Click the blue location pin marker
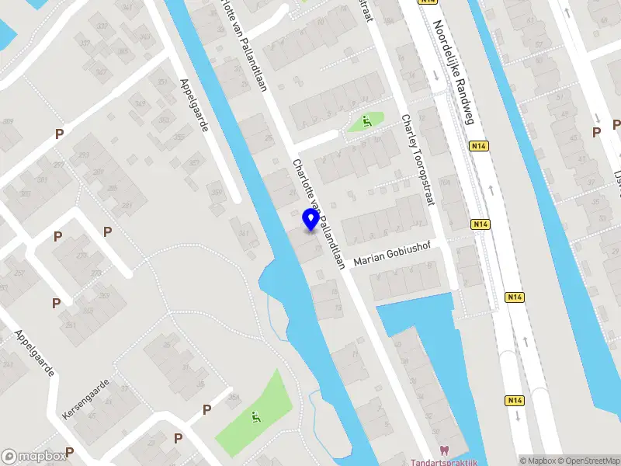click(x=310, y=220)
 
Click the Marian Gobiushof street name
click(x=391, y=258)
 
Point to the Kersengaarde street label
click(x=87, y=401)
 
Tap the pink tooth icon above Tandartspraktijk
click(x=444, y=450)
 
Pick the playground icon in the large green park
click(x=255, y=416)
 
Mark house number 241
click(x=6, y=365)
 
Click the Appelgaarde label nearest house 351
click(x=194, y=105)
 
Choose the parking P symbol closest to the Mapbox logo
click(x=70, y=451)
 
